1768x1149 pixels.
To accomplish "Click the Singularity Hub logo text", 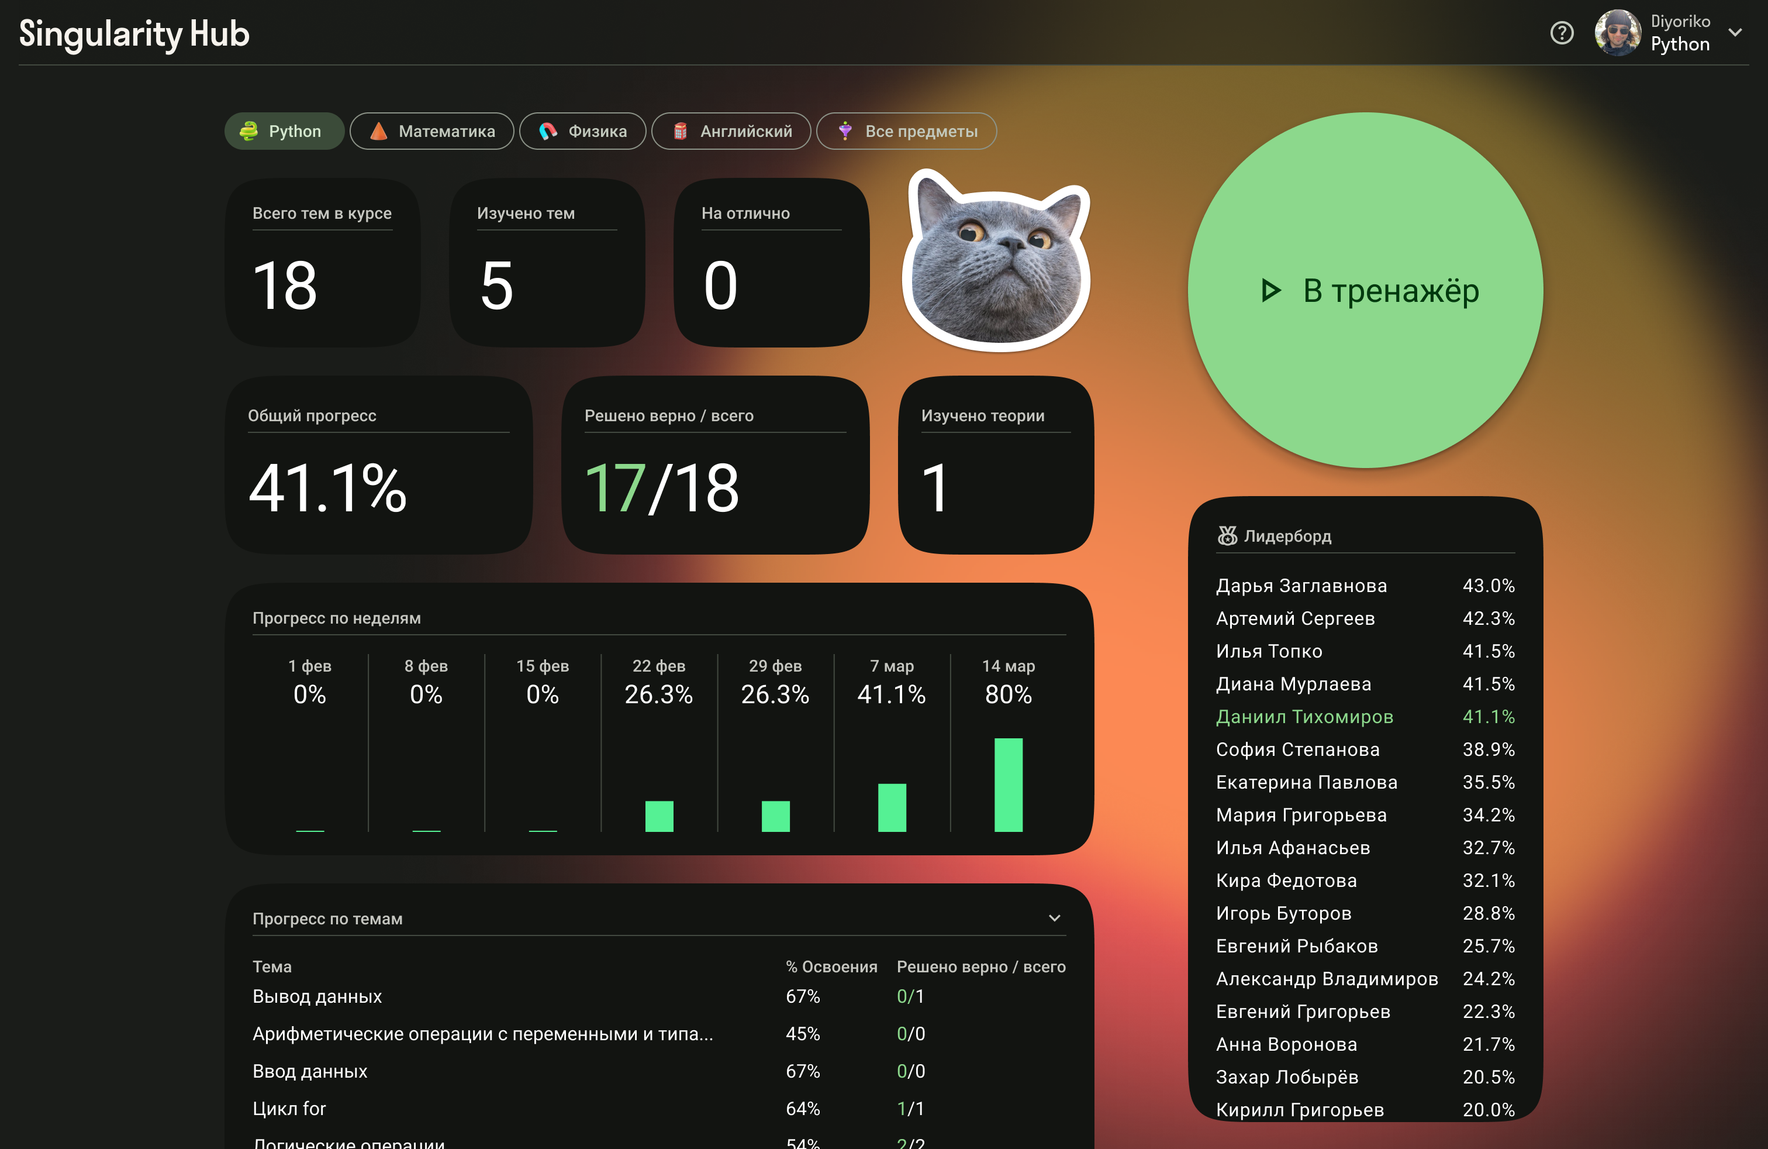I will pyautogui.click(x=134, y=33).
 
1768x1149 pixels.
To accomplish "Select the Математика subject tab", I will pyautogui.click(x=431, y=132).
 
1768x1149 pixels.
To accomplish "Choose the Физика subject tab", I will pyautogui.click(x=582, y=132).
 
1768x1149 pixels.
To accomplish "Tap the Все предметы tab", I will pyautogui.click(x=906, y=132).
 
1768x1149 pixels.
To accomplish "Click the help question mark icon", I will pyautogui.click(x=1562, y=33).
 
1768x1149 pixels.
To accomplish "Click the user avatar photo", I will pyautogui.click(x=1617, y=33).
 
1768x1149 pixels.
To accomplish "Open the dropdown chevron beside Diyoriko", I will pyautogui.click(x=1735, y=33).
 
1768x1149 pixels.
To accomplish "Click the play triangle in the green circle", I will pyautogui.click(x=1271, y=291).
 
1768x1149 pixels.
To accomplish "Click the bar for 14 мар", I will pyautogui.click(x=1008, y=785).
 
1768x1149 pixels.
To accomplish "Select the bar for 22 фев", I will pyautogui.click(x=659, y=816).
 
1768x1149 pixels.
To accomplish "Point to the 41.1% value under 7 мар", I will pyautogui.click(x=892, y=694).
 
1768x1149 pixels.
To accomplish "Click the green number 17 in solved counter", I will pyautogui.click(x=614, y=489).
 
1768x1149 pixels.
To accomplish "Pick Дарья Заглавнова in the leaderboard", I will pyautogui.click(x=1301, y=586).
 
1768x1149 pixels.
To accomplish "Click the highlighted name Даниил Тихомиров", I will pyautogui.click(x=1304, y=717).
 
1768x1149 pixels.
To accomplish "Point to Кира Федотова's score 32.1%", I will pyautogui.click(x=1488, y=880).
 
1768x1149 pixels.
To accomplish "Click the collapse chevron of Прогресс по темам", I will pyautogui.click(x=1054, y=918).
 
